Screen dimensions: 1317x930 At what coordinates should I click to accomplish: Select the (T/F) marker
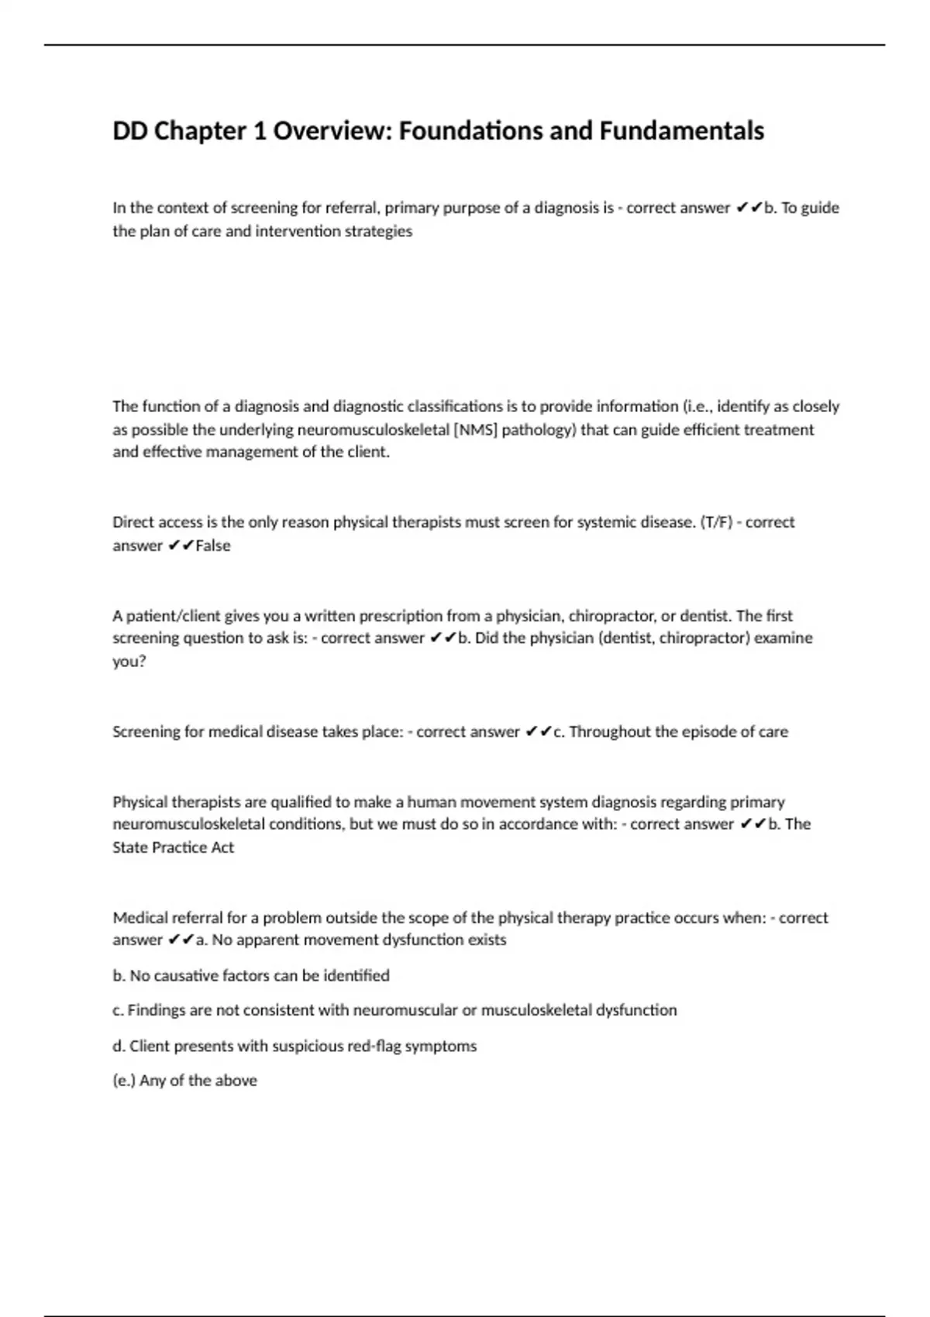(x=716, y=522)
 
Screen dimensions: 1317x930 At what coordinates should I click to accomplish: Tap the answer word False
(x=213, y=545)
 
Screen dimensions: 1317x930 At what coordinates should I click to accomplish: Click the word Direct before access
(x=133, y=522)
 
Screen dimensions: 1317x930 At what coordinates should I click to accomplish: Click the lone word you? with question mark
(x=129, y=662)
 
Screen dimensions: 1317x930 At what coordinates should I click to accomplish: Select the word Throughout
(x=608, y=731)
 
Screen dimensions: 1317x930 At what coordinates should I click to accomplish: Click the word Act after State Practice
(x=222, y=848)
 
